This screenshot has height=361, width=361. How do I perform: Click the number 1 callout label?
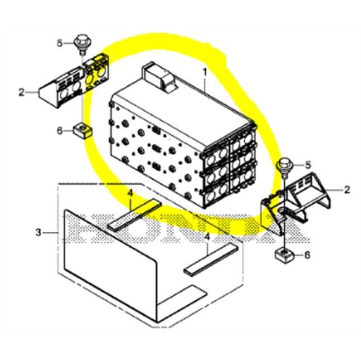point(205,72)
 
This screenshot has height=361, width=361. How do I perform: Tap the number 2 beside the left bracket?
point(22,92)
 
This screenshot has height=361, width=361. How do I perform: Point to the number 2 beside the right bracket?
point(347,190)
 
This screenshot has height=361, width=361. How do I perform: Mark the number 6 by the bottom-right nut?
point(305,255)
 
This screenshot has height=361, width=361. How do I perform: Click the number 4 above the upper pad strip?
point(130,192)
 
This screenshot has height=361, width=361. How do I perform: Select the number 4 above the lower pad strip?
point(207,238)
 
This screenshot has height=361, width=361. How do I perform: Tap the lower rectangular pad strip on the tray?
point(211,259)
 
